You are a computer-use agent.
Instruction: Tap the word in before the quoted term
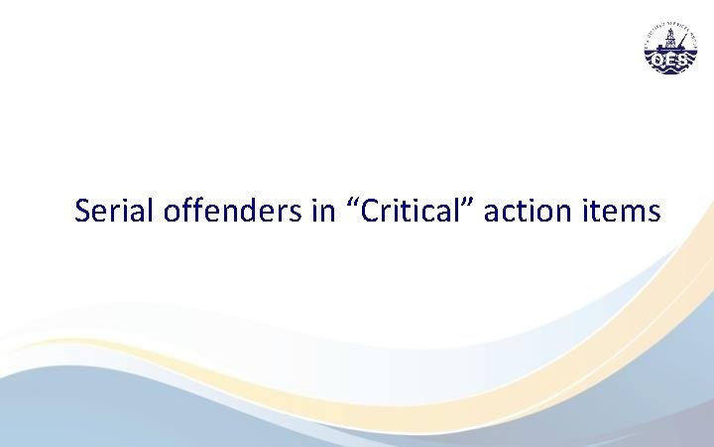click(323, 212)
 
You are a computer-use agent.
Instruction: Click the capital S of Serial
click(82, 212)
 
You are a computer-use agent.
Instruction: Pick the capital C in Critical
click(368, 212)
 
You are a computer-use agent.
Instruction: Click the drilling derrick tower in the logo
click(669, 40)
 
